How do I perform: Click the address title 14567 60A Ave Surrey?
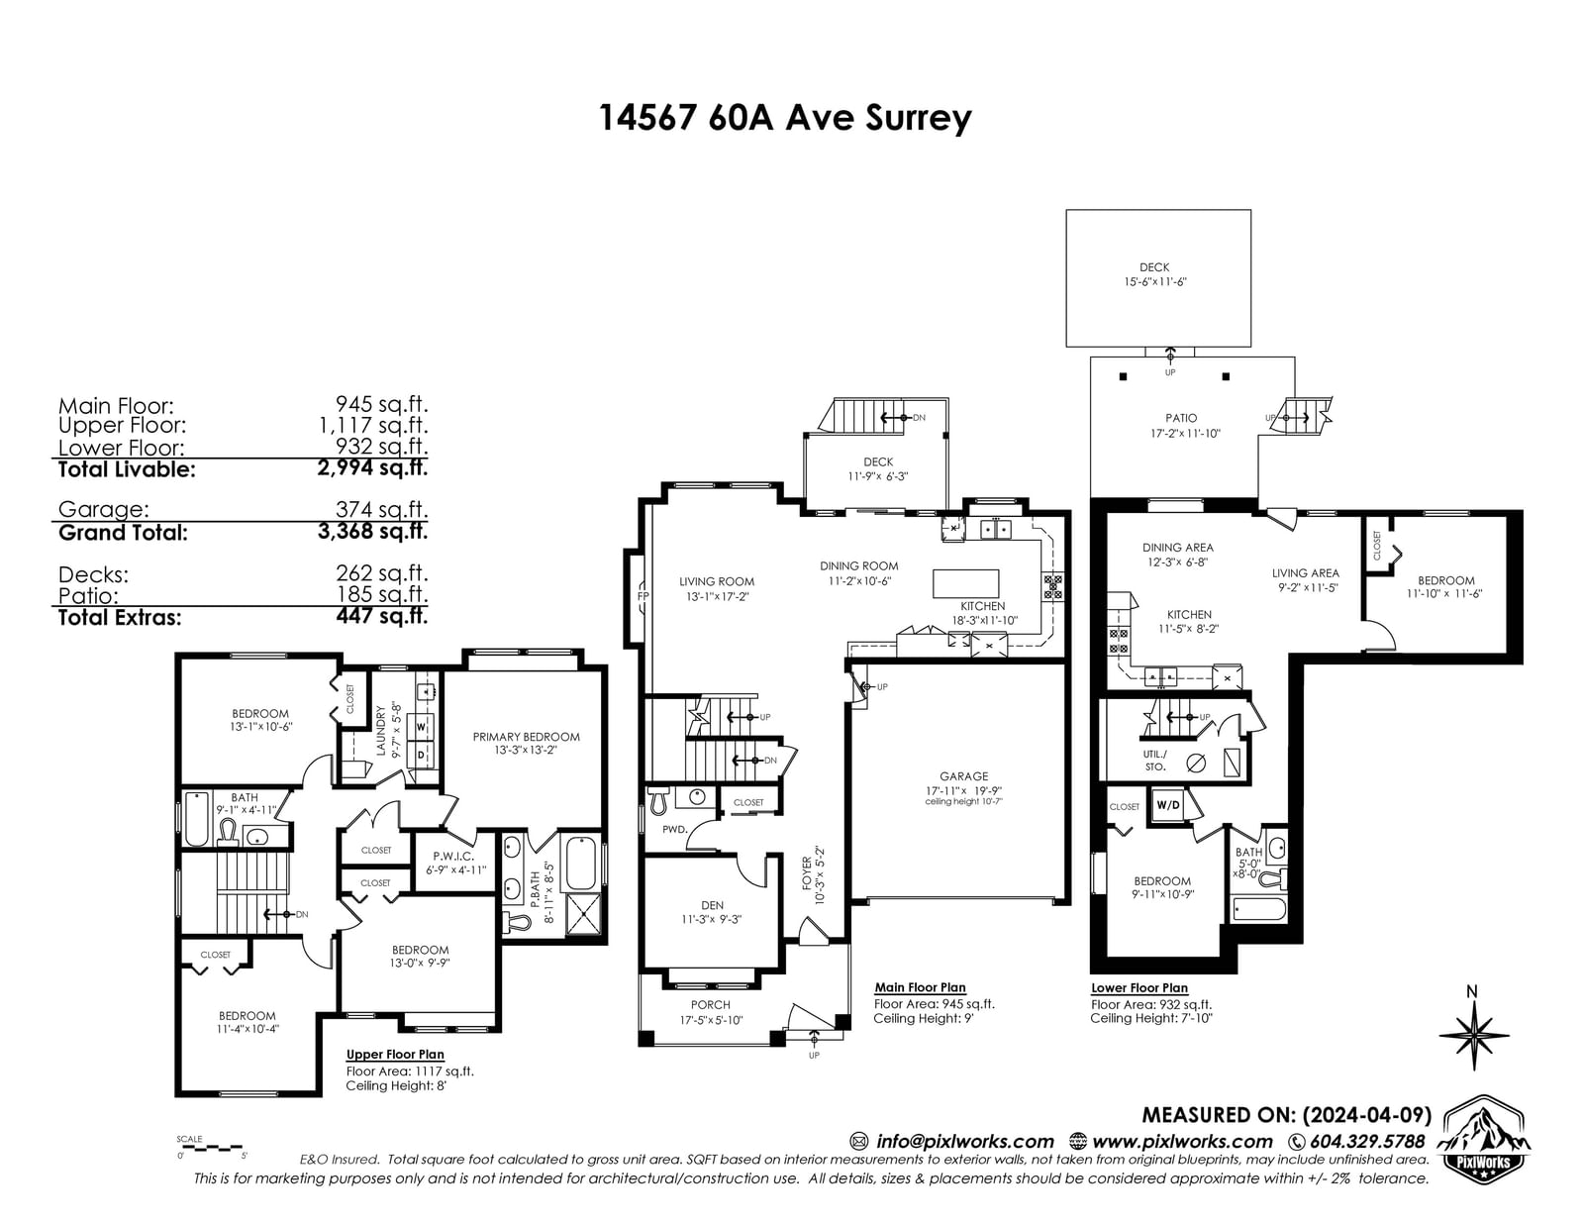point(785,118)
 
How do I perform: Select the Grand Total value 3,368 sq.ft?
point(372,531)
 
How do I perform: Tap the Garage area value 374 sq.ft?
point(381,509)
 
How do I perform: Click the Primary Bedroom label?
point(527,737)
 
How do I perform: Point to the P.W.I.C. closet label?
point(453,856)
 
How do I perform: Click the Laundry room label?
point(380,731)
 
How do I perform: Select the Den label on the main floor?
point(712,905)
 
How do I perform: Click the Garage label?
point(963,775)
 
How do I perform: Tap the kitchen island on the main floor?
point(966,584)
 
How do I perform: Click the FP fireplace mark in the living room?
point(643,596)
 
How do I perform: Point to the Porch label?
point(710,1004)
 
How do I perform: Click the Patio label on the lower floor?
point(1181,418)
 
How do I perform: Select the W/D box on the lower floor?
point(1168,805)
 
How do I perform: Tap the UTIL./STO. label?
point(1154,761)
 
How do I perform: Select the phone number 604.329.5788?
point(1367,1141)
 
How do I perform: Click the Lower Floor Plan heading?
point(1139,988)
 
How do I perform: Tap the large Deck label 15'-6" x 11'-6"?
point(1154,274)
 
